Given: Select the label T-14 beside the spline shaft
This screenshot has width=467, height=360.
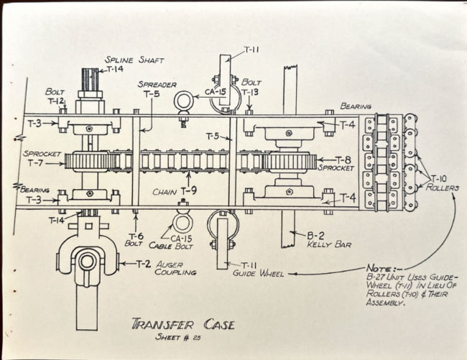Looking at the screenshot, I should [x=115, y=70].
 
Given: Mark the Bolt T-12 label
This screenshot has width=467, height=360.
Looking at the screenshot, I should [x=56, y=96].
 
